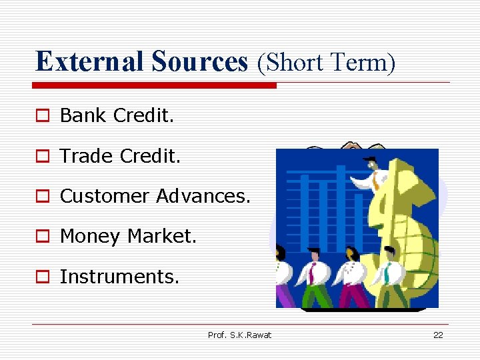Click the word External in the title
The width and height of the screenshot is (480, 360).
pos(90,61)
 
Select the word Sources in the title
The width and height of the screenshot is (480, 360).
pos(199,61)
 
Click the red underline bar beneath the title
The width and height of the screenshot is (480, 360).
pos(155,85)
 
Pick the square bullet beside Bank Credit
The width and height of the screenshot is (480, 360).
pos(42,116)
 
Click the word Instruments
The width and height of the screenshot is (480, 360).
pos(119,277)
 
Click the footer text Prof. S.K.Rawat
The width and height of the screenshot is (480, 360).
pos(239,335)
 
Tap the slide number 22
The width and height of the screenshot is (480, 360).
pos(438,335)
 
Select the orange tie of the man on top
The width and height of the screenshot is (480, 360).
pos(377,179)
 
